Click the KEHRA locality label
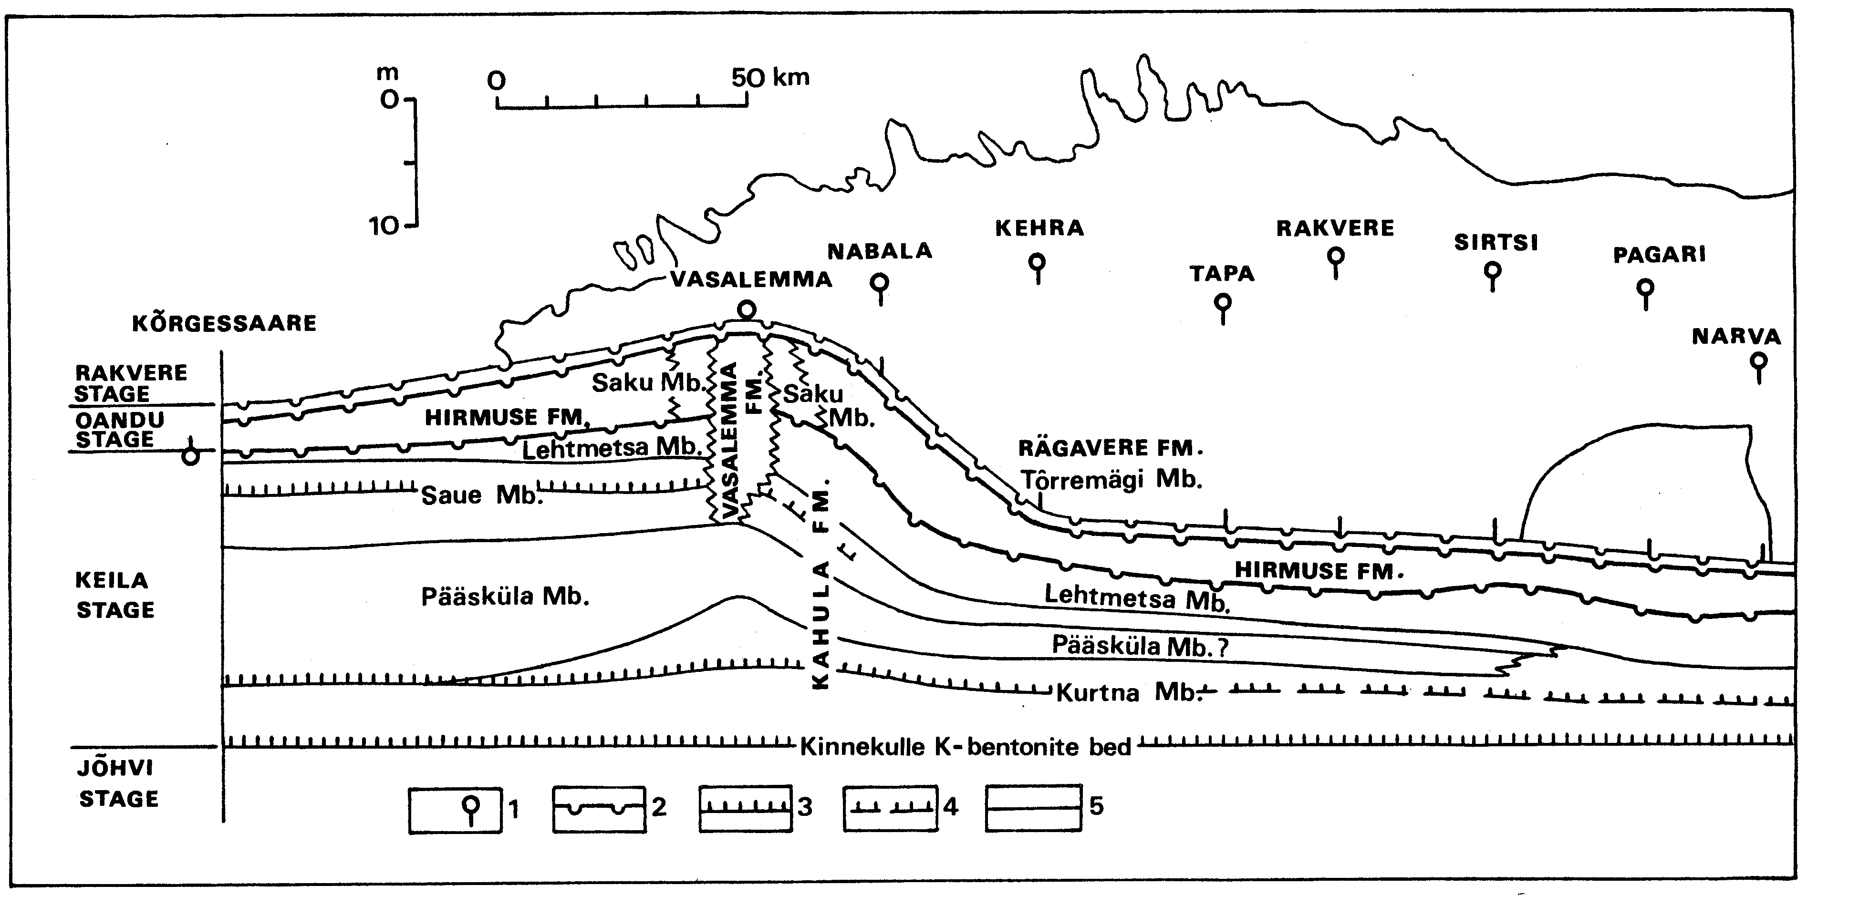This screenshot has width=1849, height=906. [x=1039, y=228]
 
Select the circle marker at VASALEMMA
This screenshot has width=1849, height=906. [x=747, y=310]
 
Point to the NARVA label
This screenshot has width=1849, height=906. [x=1736, y=337]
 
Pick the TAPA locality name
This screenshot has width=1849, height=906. [x=1222, y=273]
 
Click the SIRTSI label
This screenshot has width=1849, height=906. [x=1496, y=242]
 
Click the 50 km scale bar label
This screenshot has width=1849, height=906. [x=770, y=77]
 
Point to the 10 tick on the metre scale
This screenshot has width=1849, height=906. [x=384, y=226]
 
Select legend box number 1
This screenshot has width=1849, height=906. [x=455, y=810]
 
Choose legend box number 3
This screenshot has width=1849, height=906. [x=746, y=808]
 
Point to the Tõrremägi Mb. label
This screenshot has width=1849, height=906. [x=1111, y=480]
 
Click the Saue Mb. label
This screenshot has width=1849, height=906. [x=479, y=495]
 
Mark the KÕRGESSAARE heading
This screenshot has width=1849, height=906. [x=224, y=323]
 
